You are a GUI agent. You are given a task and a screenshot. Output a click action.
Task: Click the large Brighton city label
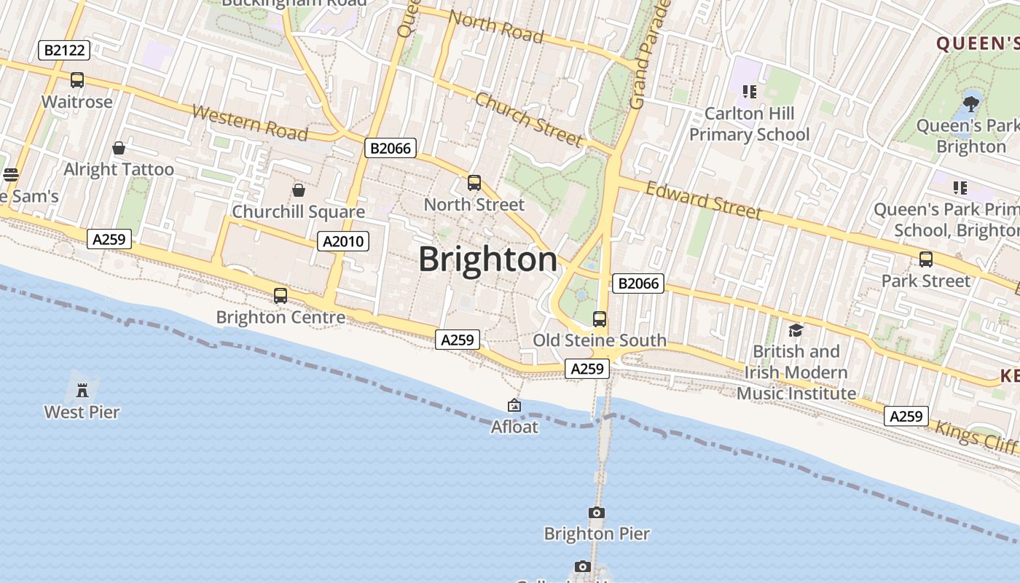487,260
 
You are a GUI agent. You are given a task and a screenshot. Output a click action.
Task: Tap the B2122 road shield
64,50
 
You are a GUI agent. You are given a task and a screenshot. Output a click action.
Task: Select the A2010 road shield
343,241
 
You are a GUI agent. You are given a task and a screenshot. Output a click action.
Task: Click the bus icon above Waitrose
77,80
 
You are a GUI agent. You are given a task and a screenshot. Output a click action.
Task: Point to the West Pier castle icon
82,391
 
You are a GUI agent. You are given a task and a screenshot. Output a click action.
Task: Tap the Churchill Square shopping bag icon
298,191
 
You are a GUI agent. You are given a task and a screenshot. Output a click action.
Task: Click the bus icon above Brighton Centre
280,296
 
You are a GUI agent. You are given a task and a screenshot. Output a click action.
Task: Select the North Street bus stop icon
474,183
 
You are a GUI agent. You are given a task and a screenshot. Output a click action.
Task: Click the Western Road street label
250,123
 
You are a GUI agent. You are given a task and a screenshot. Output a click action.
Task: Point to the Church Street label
528,120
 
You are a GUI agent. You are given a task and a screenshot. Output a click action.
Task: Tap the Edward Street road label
704,200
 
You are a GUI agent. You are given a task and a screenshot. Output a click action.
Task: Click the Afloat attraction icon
514,406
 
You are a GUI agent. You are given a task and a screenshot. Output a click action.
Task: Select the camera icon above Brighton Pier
597,513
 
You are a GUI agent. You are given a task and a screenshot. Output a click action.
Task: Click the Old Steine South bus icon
600,319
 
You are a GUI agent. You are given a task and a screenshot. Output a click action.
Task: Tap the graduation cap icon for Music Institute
796,330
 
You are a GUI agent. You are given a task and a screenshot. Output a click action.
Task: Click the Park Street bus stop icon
926,259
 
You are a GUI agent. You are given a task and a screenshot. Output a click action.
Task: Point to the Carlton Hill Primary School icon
750,92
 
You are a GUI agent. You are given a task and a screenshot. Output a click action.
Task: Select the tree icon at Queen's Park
970,103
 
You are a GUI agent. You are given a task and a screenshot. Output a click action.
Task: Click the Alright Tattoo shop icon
119,149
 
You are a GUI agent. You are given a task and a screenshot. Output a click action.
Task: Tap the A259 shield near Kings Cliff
906,416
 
